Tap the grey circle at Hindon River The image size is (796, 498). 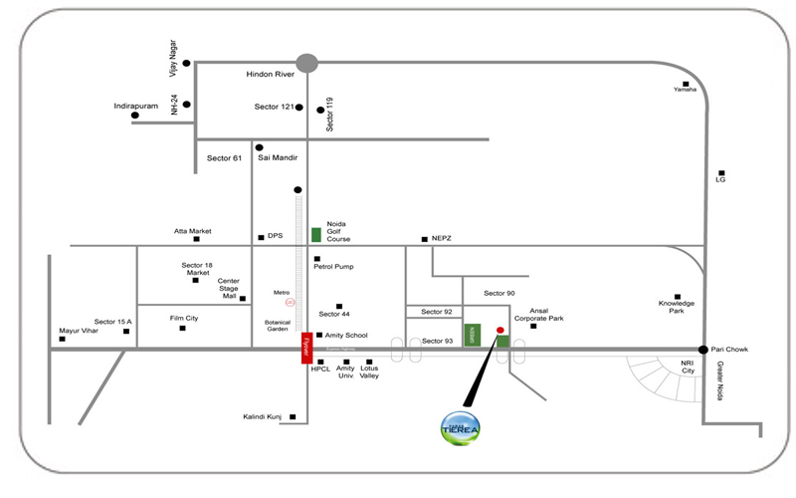306,63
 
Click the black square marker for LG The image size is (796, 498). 721,170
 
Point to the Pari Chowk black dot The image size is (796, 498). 703,350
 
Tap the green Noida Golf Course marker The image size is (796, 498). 316,235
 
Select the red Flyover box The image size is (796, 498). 306,348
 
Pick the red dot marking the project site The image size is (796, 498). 500,330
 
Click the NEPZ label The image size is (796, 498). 443,239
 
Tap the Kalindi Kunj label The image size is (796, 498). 262,416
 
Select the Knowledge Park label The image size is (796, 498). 677,307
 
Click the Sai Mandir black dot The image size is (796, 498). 260,148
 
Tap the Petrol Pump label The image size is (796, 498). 333,267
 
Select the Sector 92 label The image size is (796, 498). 436,312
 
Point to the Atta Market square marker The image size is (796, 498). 197,240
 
